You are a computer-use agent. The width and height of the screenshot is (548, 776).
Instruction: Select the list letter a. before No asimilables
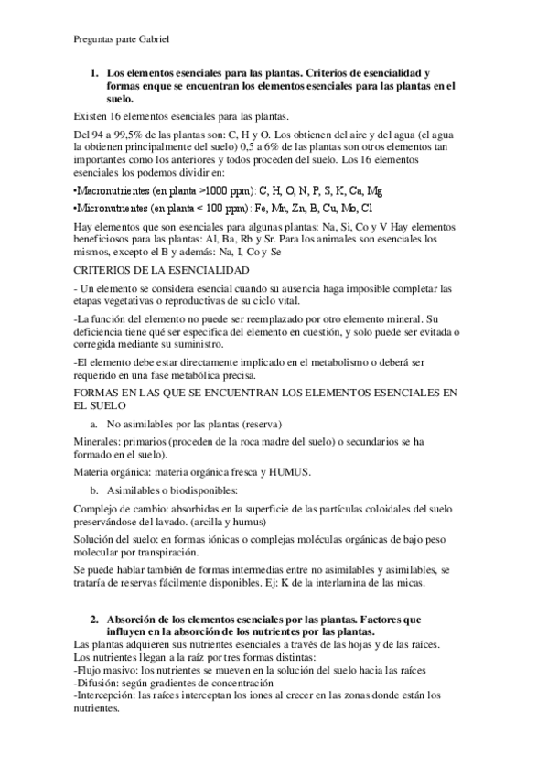tap(94, 424)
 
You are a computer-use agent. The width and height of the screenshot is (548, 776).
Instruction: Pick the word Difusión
tap(100, 682)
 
